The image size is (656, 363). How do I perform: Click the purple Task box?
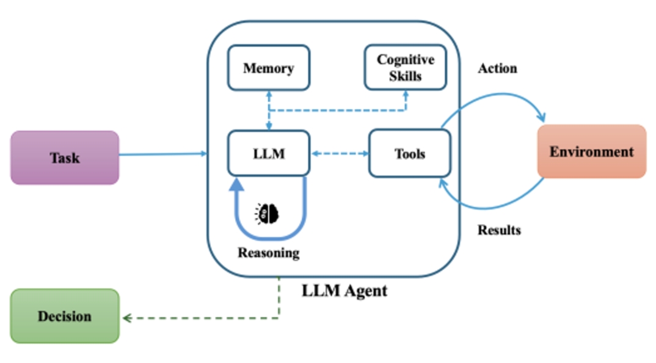click(65, 157)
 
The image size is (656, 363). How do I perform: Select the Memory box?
click(269, 68)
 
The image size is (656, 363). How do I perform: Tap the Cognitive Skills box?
click(406, 68)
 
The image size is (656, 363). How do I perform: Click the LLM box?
click(269, 154)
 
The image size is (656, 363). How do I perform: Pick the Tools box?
click(409, 154)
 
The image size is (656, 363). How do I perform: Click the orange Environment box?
click(591, 151)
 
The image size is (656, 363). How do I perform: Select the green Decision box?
click(65, 316)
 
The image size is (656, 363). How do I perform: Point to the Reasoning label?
click(269, 253)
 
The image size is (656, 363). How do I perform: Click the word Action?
click(497, 68)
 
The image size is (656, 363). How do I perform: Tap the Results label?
click(499, 230)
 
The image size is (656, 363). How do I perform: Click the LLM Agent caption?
click(344, 290)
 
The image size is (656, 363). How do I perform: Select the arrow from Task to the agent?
click(162, 154)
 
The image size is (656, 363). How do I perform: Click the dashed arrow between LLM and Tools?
click(339, 154)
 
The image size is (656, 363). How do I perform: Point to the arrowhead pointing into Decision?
click(126, 318)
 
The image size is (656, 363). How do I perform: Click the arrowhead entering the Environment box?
click(541, 117)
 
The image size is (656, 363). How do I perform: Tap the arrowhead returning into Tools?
click(441, 182)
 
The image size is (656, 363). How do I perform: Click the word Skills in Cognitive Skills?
click(406, 76)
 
